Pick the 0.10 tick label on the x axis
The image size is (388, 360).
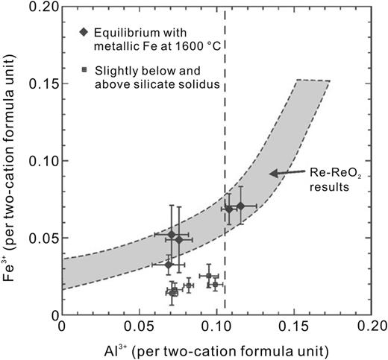coord(216,327)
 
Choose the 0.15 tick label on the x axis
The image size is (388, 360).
coord(294,327)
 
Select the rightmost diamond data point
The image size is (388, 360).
coord(240,206)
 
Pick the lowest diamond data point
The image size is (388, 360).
coord(169,264)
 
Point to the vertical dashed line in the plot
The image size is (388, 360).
coord(225,112)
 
